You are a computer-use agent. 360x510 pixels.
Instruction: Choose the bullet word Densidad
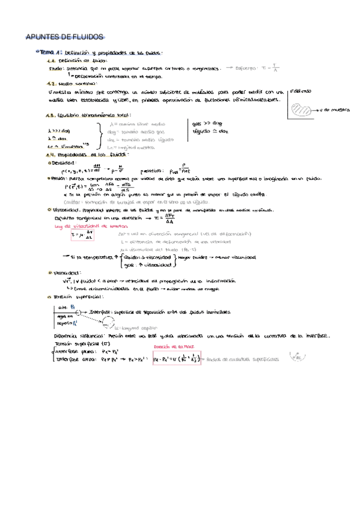(x=64, y=162)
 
